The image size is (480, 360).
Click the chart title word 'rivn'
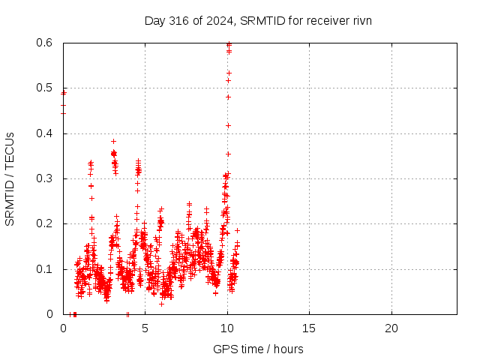click(362, 21)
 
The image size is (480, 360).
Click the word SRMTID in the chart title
click(263, 21)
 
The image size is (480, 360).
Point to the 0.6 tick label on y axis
click(45, 43)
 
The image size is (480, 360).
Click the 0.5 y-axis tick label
click(45, 88)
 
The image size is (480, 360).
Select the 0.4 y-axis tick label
click(45, 133)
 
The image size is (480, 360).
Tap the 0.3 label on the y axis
click(45, 178)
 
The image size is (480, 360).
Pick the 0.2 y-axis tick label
click(45, 223)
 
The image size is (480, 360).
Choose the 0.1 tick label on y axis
click(45, 269)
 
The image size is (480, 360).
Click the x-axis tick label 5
click(145, 328)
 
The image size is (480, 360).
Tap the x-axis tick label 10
click(227, 328)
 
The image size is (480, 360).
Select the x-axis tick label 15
click(309, 328)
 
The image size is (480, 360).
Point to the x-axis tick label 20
click(391, 328)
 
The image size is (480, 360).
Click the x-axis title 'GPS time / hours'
click(258, 349)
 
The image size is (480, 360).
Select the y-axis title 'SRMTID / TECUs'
click(10, 179)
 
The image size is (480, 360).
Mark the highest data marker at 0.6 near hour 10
click(229, 43)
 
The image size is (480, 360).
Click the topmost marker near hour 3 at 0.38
click(113, 142)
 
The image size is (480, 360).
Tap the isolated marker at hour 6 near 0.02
click(162, 304)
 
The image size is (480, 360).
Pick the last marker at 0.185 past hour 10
click(237, 230)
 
